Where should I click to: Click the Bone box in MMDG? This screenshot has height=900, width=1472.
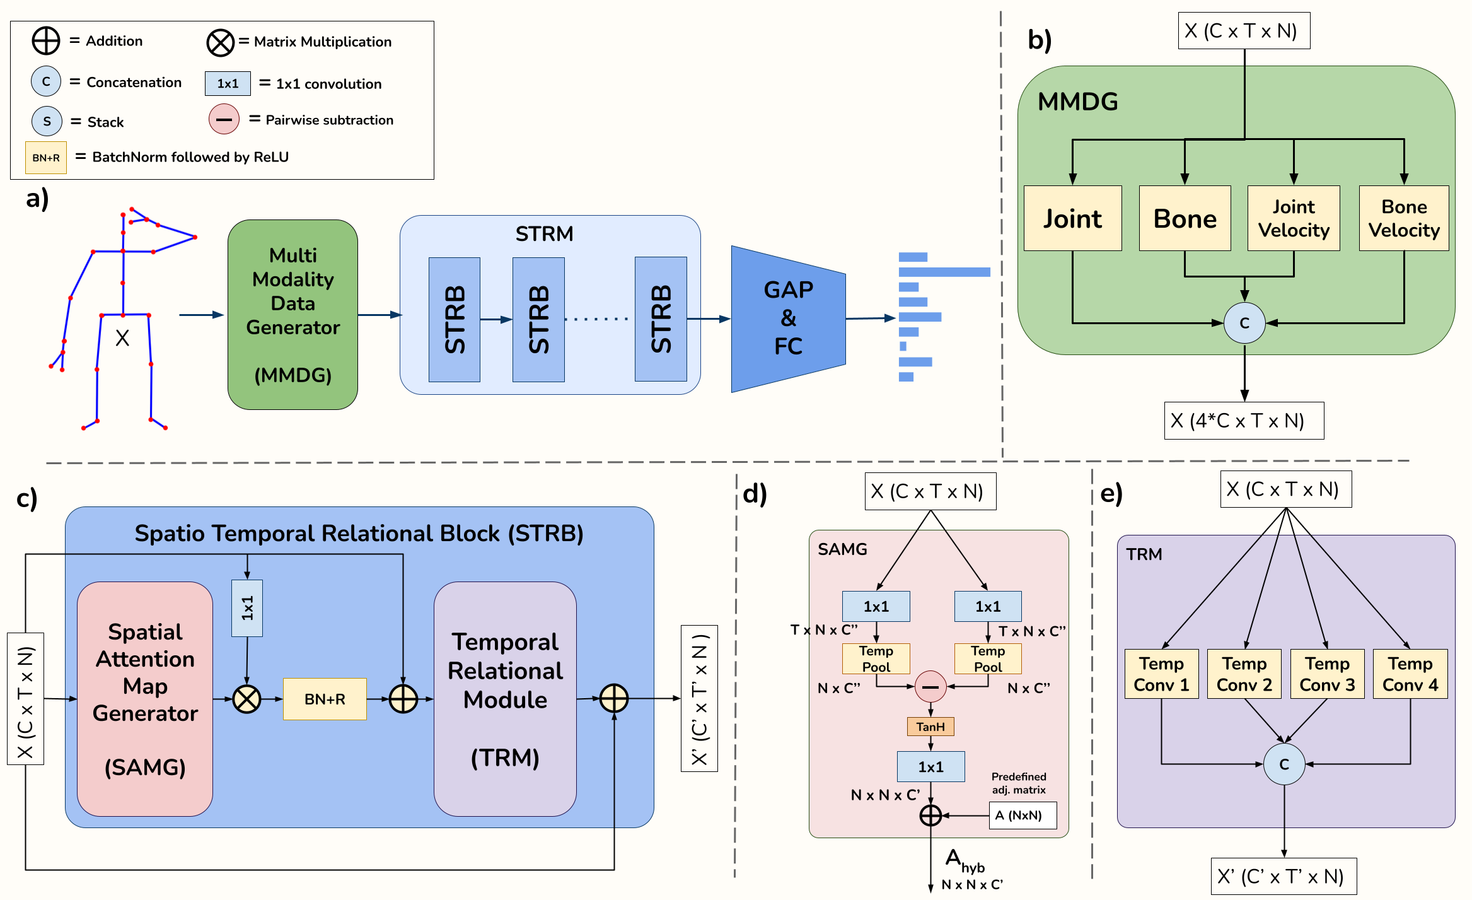(x=1185, y=218)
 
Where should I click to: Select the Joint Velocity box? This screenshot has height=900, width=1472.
(x=1294, y=218)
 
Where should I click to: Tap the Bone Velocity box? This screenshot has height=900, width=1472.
(x=1404, y=218)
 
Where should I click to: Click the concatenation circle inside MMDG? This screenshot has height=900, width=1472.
(x=1244, y=323)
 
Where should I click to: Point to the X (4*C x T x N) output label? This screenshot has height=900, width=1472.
(x=1243, y=421)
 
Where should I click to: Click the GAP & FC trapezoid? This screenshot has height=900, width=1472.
(x=788, y=319)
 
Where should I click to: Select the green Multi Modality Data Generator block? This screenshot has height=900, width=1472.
(x=293, y=314)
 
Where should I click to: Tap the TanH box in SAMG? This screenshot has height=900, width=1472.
(x=930, y=727)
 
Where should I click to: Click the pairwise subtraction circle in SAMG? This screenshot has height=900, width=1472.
(x=930, y=686)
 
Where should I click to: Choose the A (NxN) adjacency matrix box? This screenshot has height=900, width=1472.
(x=1022, y=815)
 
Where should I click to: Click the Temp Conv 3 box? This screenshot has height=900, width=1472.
(x=1327, y=674)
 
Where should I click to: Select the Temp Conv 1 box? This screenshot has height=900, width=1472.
(x=1161, y=674)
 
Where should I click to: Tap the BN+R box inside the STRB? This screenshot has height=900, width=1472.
(x=325, y=699)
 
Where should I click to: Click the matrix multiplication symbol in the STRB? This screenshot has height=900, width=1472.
(x=246, y=699)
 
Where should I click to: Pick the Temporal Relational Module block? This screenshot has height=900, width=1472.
(x=505, y=699)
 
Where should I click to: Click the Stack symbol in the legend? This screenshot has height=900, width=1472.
(x=47, y=121)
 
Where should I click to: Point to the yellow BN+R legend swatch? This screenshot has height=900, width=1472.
(x=46, y=158)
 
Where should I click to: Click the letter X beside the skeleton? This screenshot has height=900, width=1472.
(x=122, y=338)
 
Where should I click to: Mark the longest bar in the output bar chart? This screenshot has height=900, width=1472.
(x=944, y=272)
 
